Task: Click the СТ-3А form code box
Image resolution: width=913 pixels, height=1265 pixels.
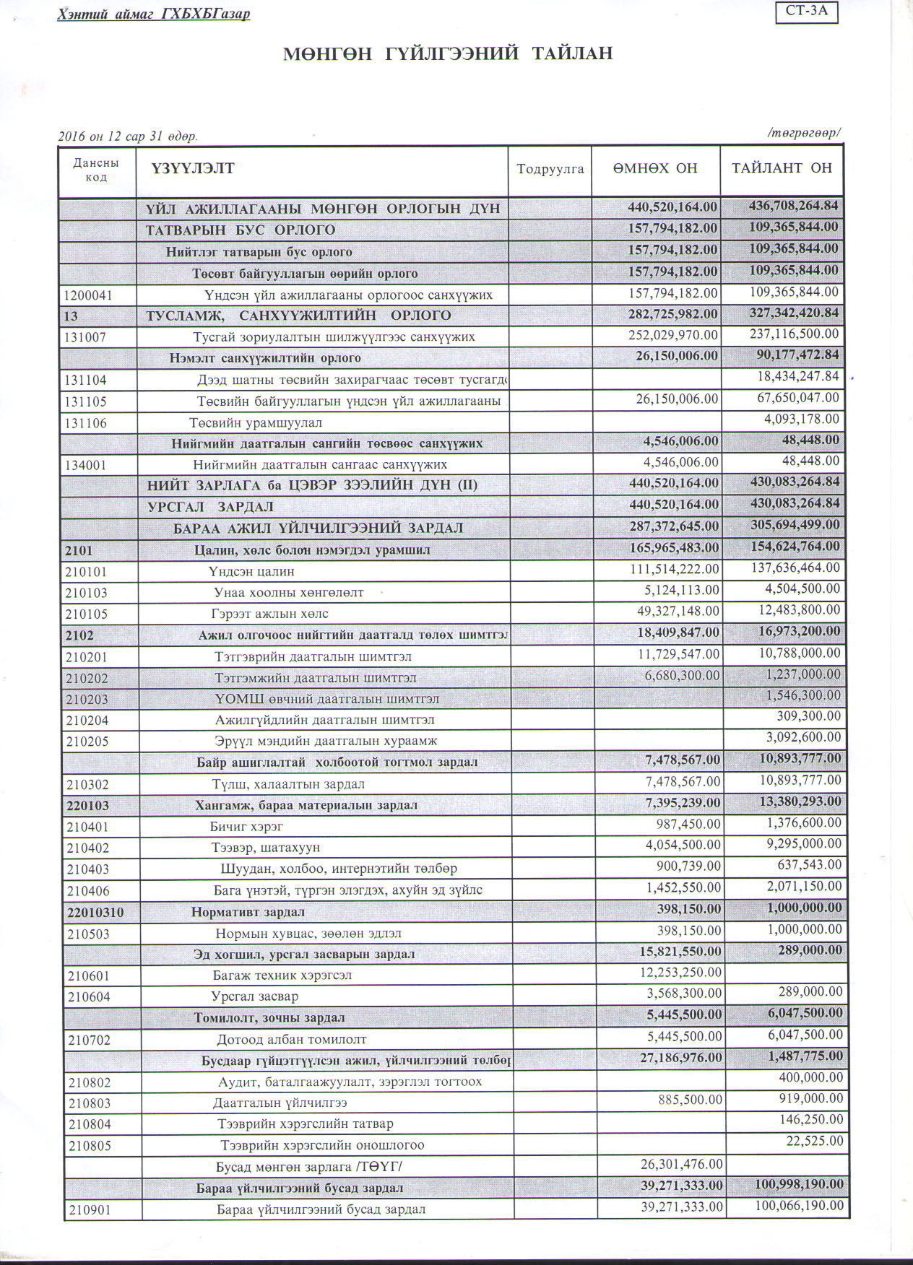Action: click(806, 12)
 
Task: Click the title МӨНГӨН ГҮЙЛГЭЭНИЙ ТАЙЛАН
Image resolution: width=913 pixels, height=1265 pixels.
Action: click(448, 53)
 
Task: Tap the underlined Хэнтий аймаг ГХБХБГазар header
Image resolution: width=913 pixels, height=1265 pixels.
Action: click(154, 14)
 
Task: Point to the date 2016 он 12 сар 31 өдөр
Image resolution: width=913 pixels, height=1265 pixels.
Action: click(128, 136)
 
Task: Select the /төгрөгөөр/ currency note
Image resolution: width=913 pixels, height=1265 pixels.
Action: click(805, 133)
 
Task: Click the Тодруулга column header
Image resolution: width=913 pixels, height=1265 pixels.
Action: click(550, 169)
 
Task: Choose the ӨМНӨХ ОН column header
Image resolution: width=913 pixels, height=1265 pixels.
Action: click(655, 168)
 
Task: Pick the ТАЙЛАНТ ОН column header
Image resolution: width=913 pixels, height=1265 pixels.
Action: click(782, 168)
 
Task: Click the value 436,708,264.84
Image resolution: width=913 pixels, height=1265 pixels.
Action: click(793, 206)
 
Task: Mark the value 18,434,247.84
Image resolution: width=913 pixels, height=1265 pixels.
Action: click(798, 376)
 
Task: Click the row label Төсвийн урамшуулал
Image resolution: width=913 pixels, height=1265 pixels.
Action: click(256, 423)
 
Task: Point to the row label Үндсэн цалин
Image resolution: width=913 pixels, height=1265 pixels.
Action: click(251, 572)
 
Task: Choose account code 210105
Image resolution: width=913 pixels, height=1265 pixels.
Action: click(90, 614)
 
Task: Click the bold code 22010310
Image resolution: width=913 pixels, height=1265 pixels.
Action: click(95, 913)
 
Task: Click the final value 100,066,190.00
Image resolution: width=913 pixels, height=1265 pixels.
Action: click(797, 1206)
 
